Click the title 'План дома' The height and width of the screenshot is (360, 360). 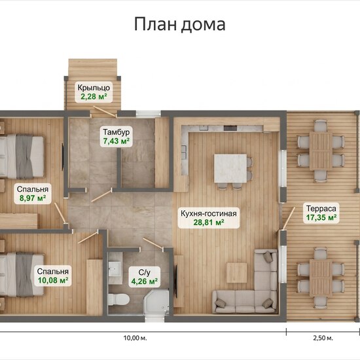coord(179,24)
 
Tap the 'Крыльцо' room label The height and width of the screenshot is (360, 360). coord(94,88)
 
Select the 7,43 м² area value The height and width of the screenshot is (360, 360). coord(116,141)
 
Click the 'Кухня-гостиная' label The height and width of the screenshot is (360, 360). coord(208,213)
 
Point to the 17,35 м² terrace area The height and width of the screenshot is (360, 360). coord(321,217)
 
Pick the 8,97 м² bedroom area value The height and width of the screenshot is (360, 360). coord(32,198)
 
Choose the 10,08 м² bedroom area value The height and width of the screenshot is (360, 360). coord(53,280)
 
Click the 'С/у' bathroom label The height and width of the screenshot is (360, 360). coord(145,272)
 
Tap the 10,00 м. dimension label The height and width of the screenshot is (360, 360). coord(135,338)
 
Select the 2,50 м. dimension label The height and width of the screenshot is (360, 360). coord(323,338)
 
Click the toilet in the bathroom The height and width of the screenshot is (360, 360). coord(118,299)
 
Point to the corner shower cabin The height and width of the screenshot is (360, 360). coord(156,302)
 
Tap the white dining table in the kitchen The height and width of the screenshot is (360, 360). coord(230,168)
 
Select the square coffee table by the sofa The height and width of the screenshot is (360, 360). coord(237,273)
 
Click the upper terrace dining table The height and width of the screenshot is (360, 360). coord(321,151)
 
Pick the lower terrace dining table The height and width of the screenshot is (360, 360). coord(321,278)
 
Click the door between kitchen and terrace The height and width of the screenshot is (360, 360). coord(289,218)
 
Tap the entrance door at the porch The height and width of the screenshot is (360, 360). coord(104,111)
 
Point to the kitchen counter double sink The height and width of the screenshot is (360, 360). coord(184,153)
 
